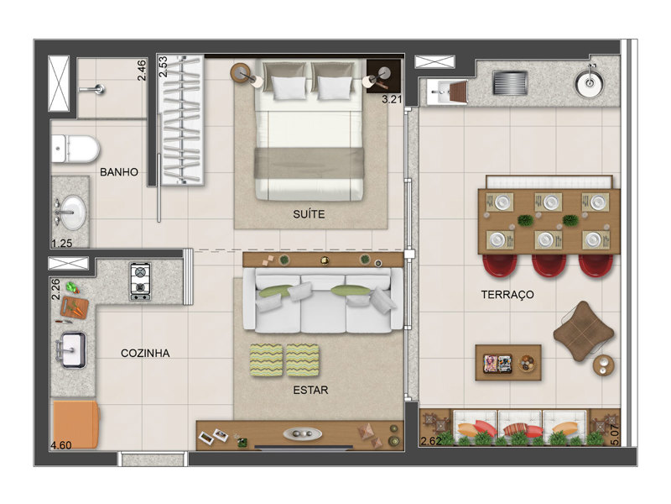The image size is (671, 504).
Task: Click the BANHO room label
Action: [x=119, y=172]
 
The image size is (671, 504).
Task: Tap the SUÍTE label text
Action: [x=309, y=214]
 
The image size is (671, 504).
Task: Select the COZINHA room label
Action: [x=145, y=353]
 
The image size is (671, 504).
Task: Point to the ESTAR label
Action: [x=310, y=390]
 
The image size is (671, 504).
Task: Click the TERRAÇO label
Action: [x=507, y=295]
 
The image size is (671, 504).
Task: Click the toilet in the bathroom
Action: [x=75, y=150]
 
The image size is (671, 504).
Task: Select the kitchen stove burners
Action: [x=140, y=281]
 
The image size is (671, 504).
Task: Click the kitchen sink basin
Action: [x=72, y=350]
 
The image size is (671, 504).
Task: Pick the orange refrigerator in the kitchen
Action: [x=75, y=424]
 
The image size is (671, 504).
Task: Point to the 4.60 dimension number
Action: [x=61, y=445]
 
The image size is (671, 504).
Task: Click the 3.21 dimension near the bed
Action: [x=392, y=99]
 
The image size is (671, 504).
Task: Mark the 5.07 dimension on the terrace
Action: [x=615, y=435]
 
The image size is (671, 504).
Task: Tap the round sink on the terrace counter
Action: [x=590, y=82]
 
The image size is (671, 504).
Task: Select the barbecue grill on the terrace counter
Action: [x=509, y=82]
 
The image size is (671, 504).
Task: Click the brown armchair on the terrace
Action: [x=583, y=331]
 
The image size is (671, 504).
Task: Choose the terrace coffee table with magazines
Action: [x=508, y=363]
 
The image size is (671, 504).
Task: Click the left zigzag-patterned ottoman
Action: [x=266, y=360]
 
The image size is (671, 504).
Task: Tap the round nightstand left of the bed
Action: [x=241, y=72]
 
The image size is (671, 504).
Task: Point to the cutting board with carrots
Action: [x=75, y=307]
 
